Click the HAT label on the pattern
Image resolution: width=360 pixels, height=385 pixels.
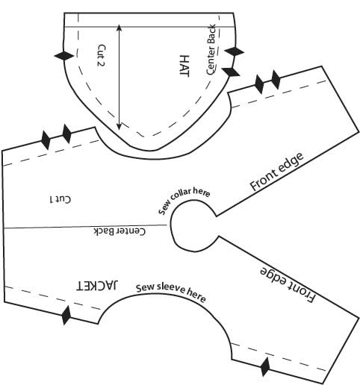[x=184, y=66]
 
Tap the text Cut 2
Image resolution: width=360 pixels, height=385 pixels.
[x=102, y=55]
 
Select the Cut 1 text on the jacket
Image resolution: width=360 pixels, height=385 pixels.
[x=60, y=199]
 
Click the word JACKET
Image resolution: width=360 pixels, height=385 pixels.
[x=97, y=286]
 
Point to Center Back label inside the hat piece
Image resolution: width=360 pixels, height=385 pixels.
[x=211, y=49]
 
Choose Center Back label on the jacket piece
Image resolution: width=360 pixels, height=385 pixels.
[x=120, y=231]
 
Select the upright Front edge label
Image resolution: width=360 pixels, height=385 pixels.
[x=276, y=172]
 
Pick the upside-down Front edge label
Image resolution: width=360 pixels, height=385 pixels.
[x=288, y=285]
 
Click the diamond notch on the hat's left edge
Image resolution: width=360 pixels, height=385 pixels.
[x=64, y=56]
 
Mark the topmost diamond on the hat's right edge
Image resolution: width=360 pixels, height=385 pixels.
[x=234, y=51]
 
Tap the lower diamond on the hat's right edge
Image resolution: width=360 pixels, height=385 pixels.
[x=231, y=72]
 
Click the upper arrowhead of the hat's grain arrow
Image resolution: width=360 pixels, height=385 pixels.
[x=120, y=28]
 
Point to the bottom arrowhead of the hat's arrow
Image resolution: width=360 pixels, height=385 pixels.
[x=120, y=127]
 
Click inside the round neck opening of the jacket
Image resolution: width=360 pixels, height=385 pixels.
[x=192, y=225]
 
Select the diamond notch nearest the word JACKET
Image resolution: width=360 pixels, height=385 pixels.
[x=66, y=316]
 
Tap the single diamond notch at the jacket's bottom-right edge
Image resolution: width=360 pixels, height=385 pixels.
[x=265, y=367]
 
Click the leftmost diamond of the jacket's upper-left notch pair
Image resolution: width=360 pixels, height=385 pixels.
[x=46, y=140]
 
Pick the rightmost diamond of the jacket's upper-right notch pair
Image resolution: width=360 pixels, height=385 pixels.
[x=276, y=80]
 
